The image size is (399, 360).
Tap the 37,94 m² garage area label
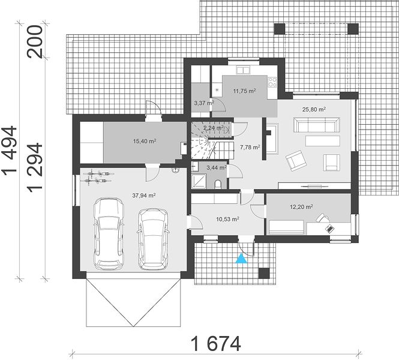click(144, 196)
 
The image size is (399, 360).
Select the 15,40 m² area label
click(145, 141)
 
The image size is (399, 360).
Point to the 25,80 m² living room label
click(314, 109)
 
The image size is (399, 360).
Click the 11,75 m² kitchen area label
click(245, 91)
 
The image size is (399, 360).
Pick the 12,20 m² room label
click(302, 207)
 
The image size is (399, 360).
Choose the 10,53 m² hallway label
click(228, 219)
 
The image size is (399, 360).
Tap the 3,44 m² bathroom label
click(217, 167)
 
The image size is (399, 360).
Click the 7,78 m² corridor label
click(250, 147)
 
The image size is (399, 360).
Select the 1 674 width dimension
click(216, 344)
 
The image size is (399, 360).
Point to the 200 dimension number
click(35, 41)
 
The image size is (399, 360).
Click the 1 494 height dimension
click(10, 149)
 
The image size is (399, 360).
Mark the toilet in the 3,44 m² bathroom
click(218, 184)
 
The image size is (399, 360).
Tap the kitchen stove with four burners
click(272, 82)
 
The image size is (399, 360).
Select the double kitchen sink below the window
click(244, 70)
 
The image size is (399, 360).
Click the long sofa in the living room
click(317, 124)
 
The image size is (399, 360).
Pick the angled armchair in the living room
click(295, 160)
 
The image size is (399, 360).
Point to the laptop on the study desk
click(330, 228)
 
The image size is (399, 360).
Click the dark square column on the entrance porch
click(264, 274)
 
